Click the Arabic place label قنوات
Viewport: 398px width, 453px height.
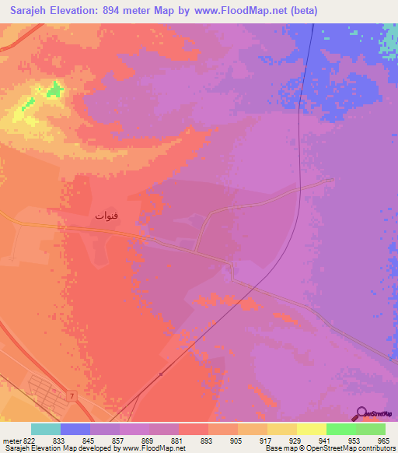coord(106,214)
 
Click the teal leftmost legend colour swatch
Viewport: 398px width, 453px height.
coord(46,429)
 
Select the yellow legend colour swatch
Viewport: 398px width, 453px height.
coord(312,429)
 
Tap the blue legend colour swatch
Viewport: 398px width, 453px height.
coord(75,429)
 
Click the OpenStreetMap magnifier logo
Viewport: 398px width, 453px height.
coord(361,413)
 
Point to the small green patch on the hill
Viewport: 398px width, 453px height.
coord(53,91)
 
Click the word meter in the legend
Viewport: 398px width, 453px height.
coord(11,441)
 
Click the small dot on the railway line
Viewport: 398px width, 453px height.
coord(161,374)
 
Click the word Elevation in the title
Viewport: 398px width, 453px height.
coord(75,10)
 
